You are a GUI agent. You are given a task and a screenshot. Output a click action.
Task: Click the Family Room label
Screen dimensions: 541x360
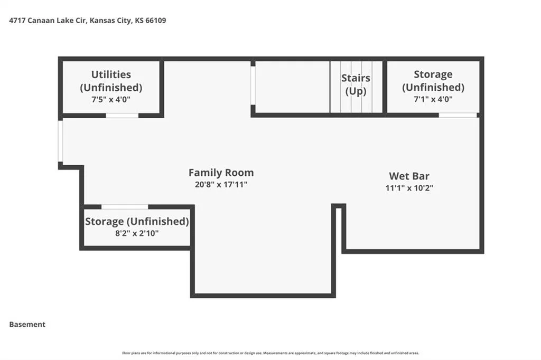point(221,173)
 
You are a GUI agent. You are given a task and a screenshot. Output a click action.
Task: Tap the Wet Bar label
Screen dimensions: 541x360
point(409,176)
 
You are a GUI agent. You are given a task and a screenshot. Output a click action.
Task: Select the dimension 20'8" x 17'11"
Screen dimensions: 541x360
point(221,184)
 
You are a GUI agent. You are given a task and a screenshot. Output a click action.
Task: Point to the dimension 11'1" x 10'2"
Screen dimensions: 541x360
point(409,188)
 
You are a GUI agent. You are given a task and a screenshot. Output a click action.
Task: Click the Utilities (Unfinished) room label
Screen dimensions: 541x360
point(111,81)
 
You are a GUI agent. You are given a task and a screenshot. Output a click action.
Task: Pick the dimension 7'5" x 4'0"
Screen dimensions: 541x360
point(111,100)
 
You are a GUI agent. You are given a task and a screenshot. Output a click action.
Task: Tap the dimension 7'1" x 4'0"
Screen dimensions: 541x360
point(433,99)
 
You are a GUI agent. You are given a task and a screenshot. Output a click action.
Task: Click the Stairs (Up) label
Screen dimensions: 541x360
point(356,84)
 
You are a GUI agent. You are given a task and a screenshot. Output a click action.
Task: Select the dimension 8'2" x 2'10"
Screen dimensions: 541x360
point(137,233)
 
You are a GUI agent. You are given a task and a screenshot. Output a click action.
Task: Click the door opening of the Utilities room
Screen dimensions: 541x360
point(122,116)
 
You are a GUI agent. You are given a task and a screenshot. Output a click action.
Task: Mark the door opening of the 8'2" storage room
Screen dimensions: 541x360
point(125,207)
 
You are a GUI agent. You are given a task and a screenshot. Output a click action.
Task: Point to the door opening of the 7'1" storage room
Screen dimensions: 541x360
point(458,115)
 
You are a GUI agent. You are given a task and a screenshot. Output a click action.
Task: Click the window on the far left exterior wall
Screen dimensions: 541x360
point(60,141)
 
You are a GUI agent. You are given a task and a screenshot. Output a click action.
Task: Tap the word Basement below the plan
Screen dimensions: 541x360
point(27,325)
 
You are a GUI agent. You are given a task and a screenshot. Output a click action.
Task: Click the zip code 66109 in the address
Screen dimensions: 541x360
point(156,21)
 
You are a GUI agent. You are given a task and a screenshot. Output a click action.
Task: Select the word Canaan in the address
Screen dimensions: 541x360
point(39,21)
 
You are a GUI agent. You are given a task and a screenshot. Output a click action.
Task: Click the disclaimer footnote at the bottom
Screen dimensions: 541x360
point(270,353)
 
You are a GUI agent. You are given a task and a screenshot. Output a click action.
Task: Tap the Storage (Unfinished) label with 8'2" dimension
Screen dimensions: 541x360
point(137,221)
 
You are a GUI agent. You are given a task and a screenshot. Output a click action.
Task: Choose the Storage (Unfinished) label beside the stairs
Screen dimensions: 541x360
point(433,81)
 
